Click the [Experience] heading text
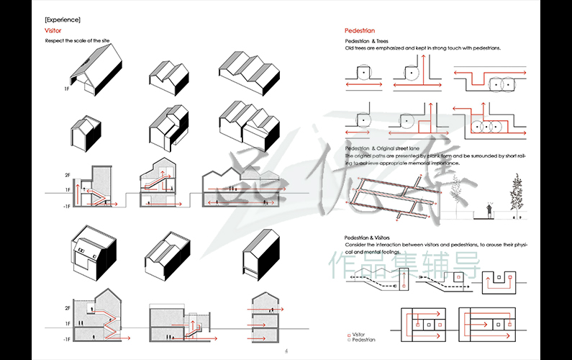[63, 19]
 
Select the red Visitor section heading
[53, 31]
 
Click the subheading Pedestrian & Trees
[367, 41]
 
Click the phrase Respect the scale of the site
[78, 40]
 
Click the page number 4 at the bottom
[286, 351]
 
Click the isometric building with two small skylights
[90, 251]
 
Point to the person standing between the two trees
[489, 211]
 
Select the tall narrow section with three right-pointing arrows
[260, 316]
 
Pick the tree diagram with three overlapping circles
[486, 127]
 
